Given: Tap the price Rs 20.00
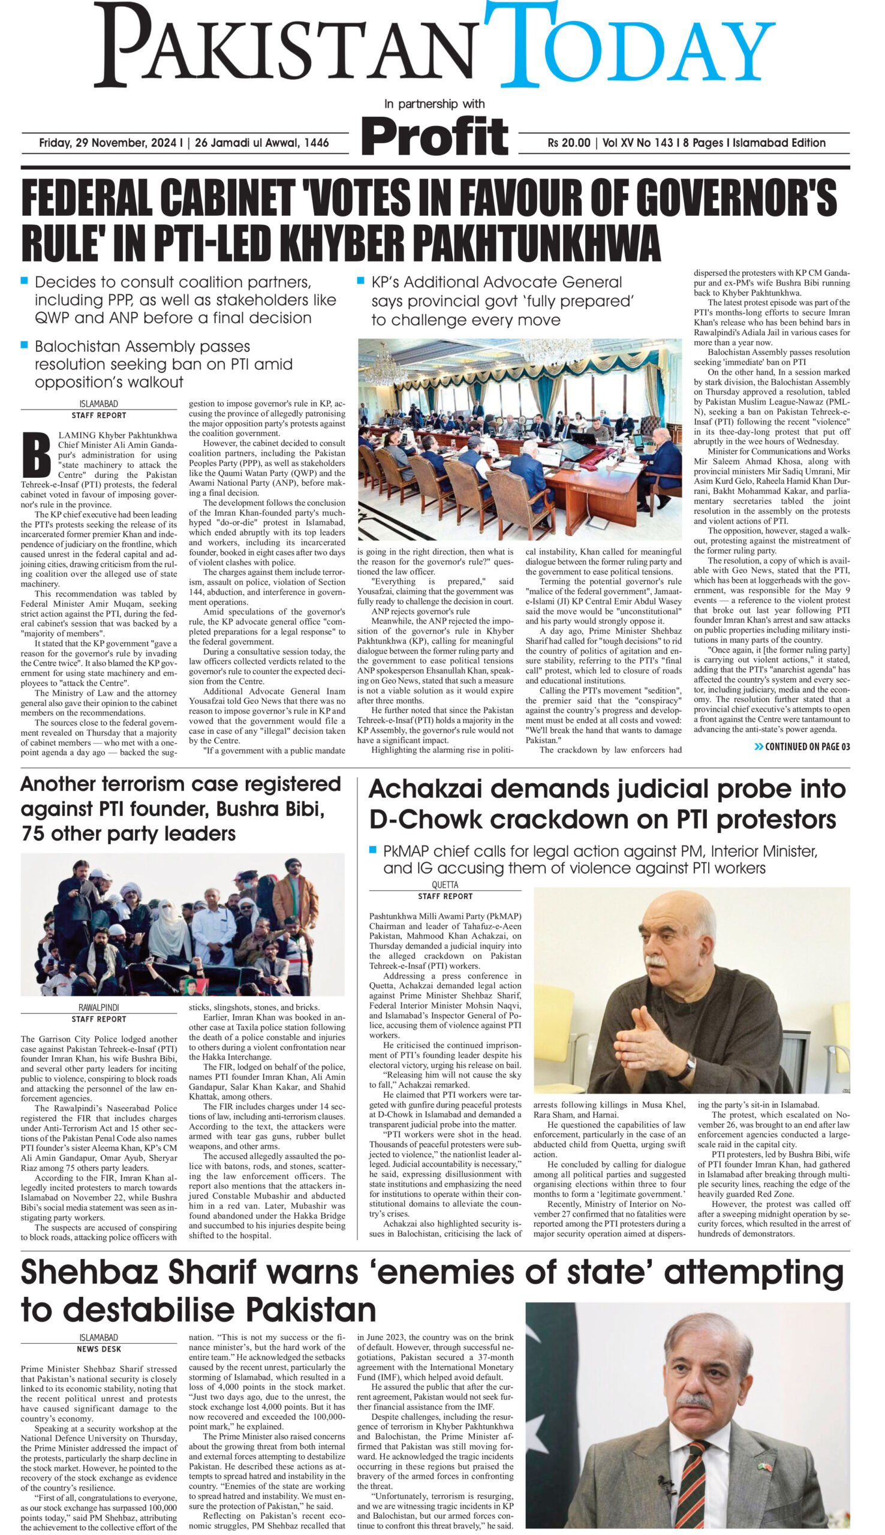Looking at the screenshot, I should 568,143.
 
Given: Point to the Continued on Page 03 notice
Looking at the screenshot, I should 802,747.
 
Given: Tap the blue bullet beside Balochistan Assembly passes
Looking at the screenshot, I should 25,345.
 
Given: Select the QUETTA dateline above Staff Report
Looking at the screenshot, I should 445,885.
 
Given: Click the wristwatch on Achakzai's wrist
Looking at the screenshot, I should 691,1064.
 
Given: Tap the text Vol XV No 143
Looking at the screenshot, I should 637,143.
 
